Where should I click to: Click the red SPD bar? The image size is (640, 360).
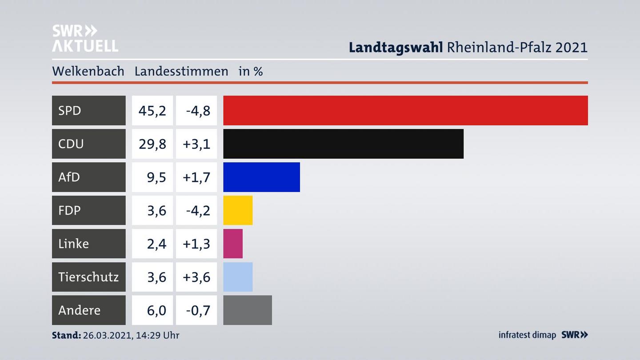[405, 110]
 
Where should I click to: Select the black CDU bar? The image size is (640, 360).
[343, 144]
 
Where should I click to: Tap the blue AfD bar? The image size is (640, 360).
[261, 177]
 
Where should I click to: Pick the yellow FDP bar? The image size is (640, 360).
[238, 210]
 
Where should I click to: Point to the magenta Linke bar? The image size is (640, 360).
[233, 244]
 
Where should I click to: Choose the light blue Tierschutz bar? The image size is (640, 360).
[238, 277]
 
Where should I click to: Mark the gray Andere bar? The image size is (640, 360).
[248, 310]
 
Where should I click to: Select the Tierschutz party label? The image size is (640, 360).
[88, 277]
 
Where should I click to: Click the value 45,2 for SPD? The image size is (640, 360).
[152, 110]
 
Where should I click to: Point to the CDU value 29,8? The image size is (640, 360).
[152, 144]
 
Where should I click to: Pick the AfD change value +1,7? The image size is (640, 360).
[196, 177]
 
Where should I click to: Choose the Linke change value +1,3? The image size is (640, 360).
[196, 244]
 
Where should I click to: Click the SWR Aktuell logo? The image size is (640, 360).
[85, 38]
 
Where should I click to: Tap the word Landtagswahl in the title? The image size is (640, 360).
[396, 47]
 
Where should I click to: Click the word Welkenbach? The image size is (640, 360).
[88, 71]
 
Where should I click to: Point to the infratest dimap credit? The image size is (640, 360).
[527, 335]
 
